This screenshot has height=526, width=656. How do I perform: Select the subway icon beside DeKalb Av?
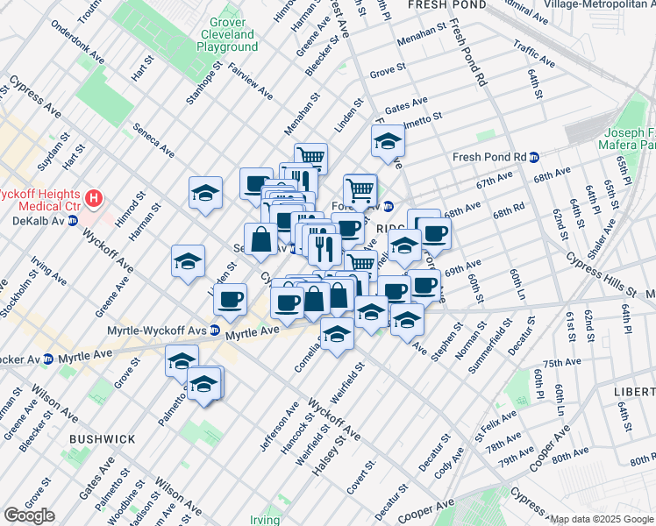point(74,221)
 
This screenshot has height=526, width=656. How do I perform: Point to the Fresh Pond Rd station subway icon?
point(533,158)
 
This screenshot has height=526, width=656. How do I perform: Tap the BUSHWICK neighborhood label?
point(103,438)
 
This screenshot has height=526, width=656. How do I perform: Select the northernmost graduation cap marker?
point(387,140)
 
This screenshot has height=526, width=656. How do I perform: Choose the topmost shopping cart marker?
point(310,156)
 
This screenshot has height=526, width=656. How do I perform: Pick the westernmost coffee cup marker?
point(230,298)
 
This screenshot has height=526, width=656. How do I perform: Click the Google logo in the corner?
point(29,515)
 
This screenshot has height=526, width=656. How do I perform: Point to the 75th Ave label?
point(562,363)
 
